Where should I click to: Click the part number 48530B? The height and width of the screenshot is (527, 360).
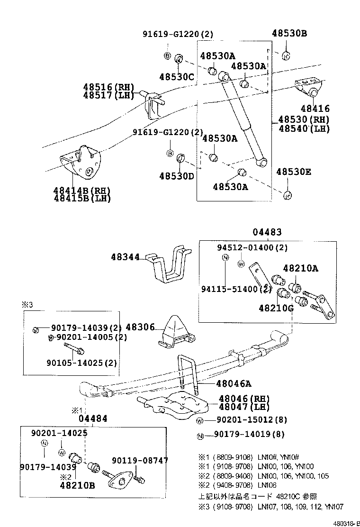coord(289,33)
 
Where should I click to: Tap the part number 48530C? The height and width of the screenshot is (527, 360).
coord(177,76)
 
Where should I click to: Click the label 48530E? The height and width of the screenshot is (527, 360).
coord(294,172)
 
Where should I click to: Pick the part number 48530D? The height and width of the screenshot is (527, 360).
coord(177,176)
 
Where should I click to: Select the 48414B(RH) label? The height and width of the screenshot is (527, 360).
coord(81,191)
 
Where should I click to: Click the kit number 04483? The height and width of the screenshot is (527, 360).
coord(267,232)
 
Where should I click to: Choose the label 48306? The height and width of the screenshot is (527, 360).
coord(141,327)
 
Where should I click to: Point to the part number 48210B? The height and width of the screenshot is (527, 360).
coord(77,485)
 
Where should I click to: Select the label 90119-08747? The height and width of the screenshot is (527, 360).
coord(140,460)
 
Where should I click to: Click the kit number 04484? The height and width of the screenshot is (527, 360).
coord(93,418)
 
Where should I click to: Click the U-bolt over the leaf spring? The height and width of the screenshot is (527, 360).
coord(188,372)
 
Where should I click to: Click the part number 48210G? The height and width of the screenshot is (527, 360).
coord(276,308)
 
